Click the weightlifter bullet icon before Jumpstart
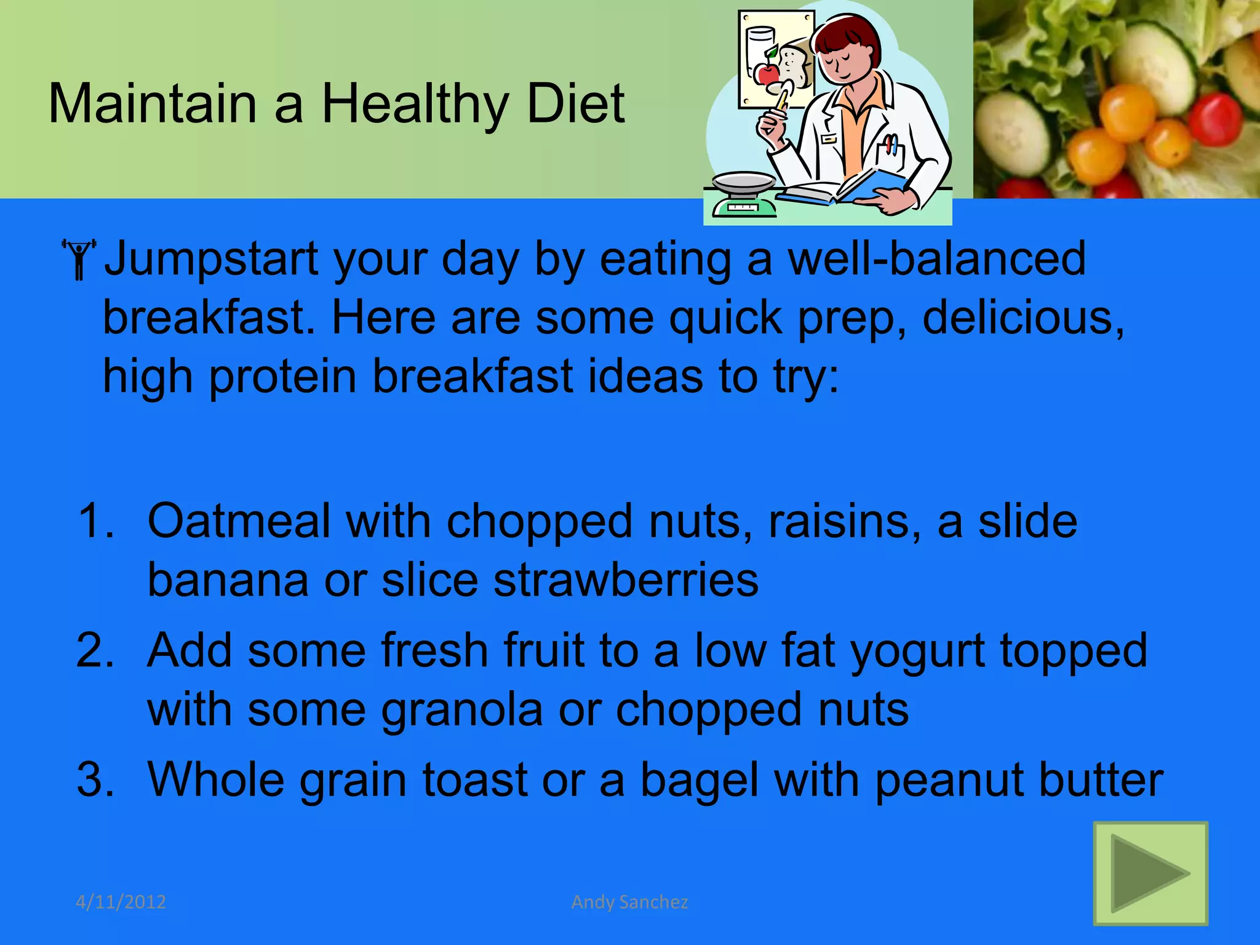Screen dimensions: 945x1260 click(79, 259)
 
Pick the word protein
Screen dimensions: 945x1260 click(282, 377)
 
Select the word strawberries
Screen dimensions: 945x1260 click(626, 581)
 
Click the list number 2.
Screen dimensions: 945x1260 click(95, 651)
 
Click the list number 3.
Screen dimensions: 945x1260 click(95, 780)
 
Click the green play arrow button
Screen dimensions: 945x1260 click(1150, 873)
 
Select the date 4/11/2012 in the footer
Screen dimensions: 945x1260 click(121, 902)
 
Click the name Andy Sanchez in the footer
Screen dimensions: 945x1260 click(629, 902)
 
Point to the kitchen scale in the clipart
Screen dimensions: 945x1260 click(744, 194)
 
